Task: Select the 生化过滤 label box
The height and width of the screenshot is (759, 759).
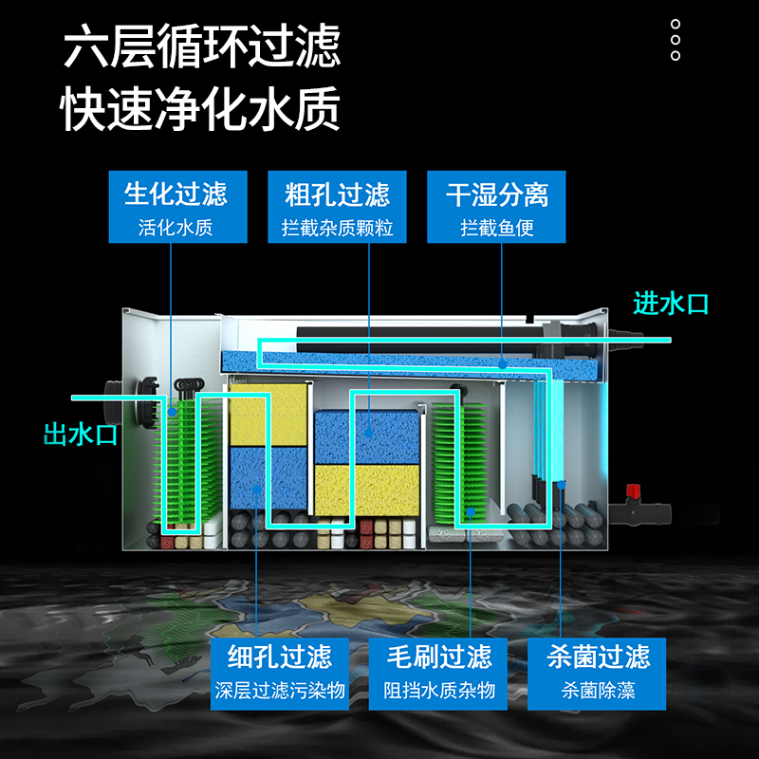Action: coord(176,207)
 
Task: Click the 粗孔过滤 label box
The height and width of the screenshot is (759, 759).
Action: coord(337,207)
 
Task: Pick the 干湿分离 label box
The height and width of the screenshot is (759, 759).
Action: coord(497,207)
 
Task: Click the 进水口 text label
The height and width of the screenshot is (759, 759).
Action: coord(670,304)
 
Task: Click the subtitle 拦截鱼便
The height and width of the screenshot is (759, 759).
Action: coord(497,229)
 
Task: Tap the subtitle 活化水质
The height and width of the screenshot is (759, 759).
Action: coord(176,229)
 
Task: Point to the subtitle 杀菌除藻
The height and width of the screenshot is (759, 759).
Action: coord(598,690)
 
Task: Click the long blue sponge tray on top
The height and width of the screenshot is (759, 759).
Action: coord(408,364)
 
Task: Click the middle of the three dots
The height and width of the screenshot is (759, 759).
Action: coord(676,40)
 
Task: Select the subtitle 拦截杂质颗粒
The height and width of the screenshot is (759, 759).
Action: coord(337,229)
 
